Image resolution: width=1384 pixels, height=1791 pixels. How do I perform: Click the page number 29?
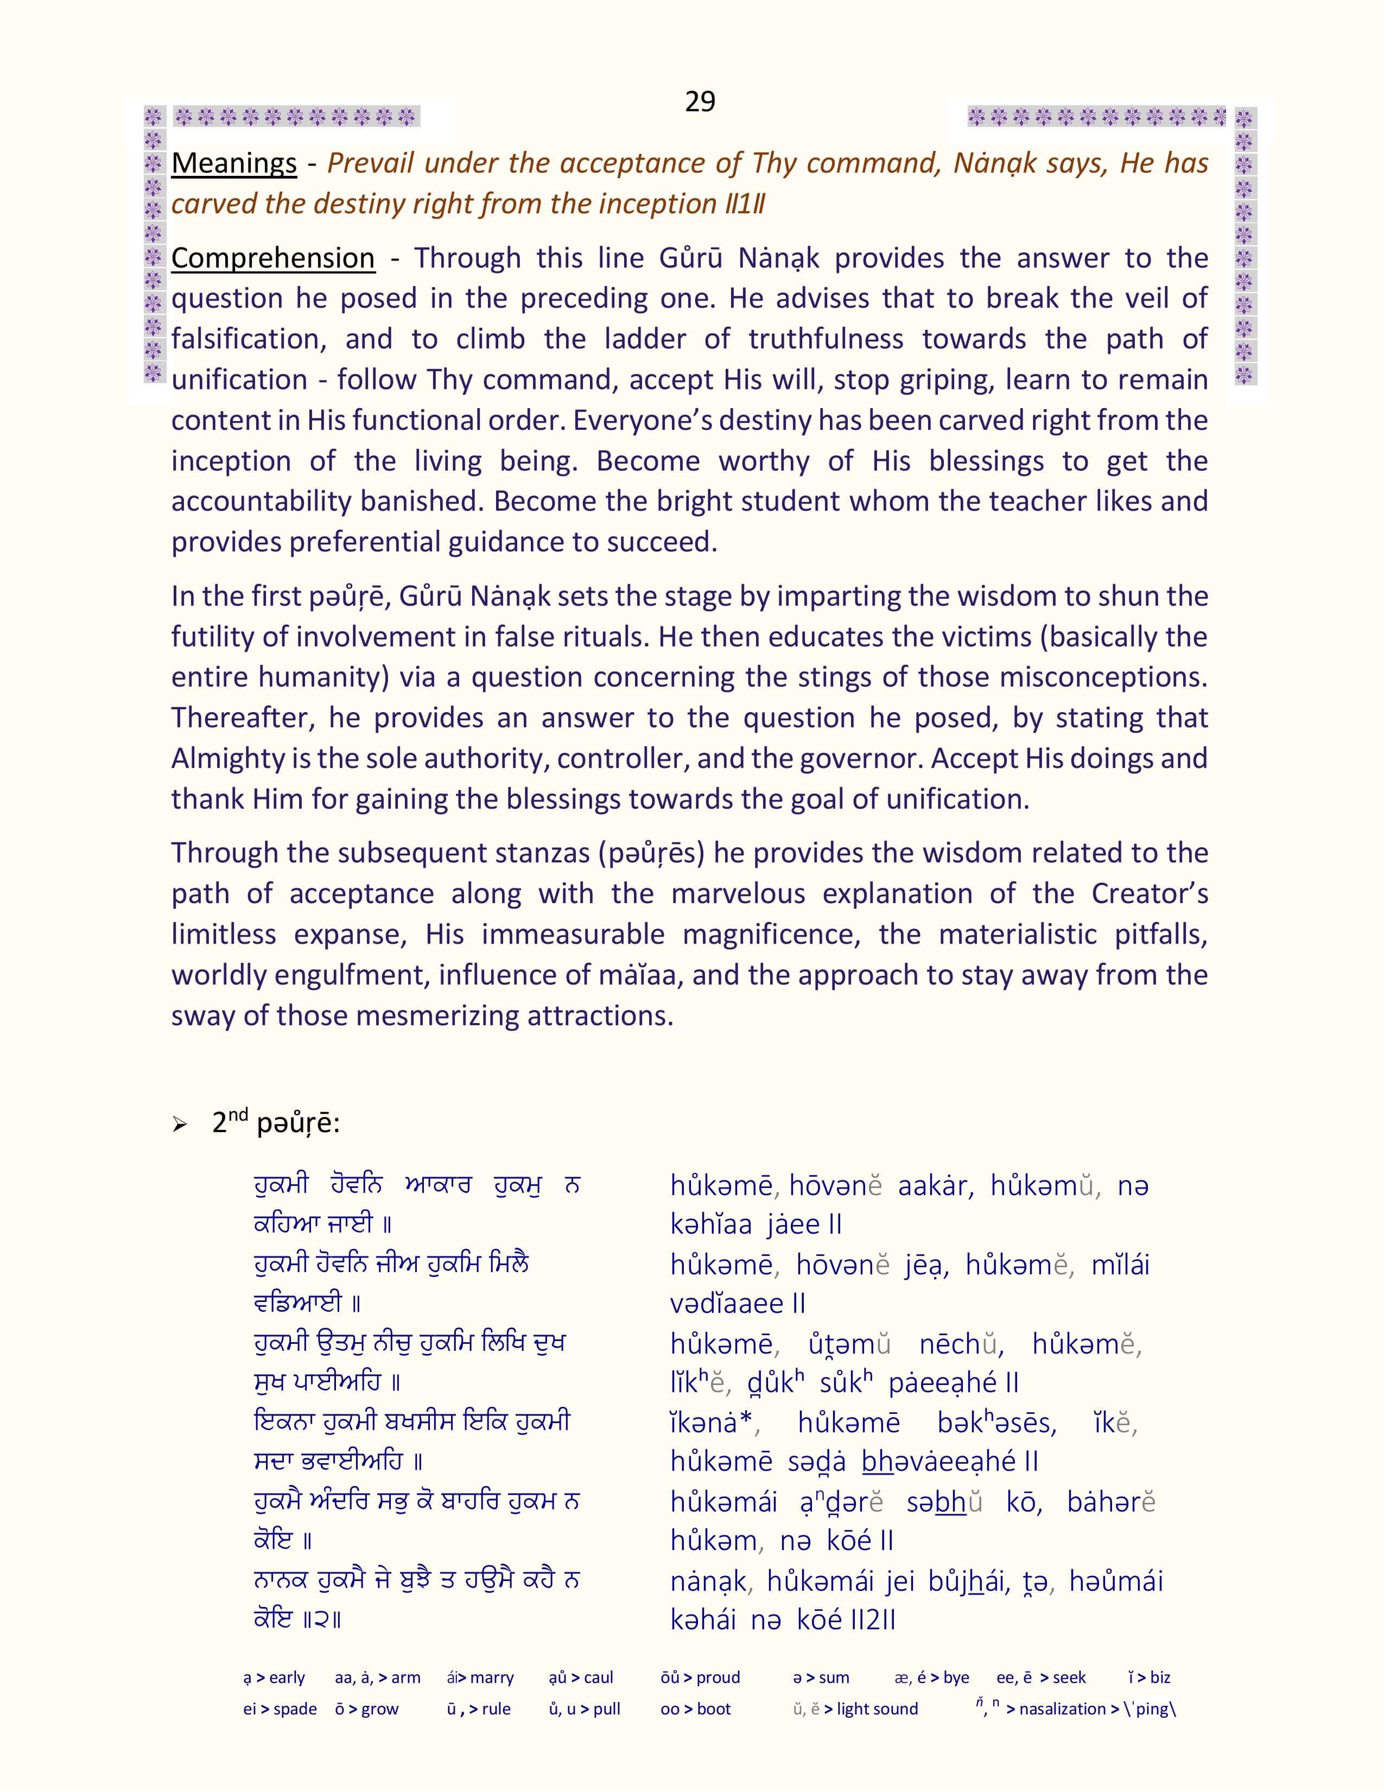pos(700,101)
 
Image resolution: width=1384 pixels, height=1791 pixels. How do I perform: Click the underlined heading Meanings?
pos(234,163)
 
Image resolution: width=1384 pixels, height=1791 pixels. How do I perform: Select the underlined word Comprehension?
pos(272,258)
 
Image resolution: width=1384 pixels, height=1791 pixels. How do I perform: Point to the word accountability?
pos(261,501)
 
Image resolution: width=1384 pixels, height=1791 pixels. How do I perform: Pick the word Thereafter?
pos(243,717)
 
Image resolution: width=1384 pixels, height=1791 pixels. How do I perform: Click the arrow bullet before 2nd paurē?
pos(180,1125)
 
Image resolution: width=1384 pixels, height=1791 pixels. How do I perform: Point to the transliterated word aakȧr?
pos(935,1186)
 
